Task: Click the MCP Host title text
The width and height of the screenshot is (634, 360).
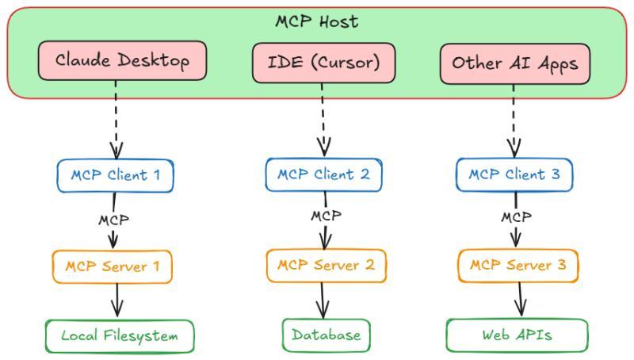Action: (317, 21)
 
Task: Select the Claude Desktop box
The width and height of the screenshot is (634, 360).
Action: (123, 62)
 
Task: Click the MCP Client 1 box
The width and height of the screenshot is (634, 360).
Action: (115, 175)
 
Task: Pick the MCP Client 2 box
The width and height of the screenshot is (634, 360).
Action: (323, 174)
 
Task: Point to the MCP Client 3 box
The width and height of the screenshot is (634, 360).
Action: (514, 174)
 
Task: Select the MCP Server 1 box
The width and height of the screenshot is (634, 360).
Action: (113, 266)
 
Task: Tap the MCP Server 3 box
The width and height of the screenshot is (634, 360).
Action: (518, 265)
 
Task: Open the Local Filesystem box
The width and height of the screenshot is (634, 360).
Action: (120, 335)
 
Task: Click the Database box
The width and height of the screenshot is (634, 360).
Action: (326, 335)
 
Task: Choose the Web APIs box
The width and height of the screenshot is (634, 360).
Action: (517, 335)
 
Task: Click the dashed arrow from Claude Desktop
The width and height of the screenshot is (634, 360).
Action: (116, 119)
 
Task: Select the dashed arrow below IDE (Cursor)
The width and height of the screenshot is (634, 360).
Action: (323, 119)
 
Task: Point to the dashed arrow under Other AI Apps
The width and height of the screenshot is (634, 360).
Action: (514, 119)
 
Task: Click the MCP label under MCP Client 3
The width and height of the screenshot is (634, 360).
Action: (517, 216)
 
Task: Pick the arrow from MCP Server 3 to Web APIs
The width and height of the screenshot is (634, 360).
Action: (521, 300)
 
